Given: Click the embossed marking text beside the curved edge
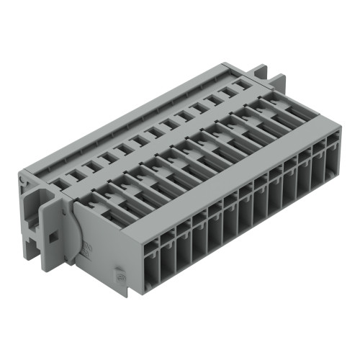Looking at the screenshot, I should click(x=86, y=251).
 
